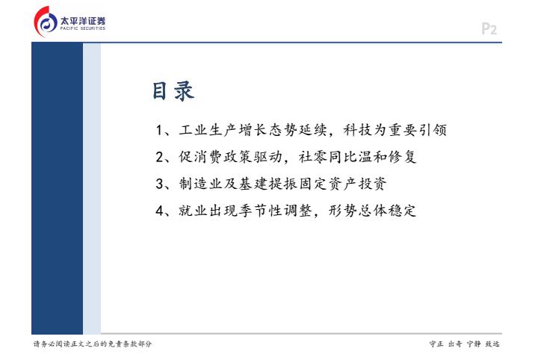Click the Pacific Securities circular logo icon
46,22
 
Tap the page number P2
489,29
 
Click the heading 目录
173,91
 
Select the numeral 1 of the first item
159,130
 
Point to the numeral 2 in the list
160,157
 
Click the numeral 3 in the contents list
160,184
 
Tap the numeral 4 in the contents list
160,211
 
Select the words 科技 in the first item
358,130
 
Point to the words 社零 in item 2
313,157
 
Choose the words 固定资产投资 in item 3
343,184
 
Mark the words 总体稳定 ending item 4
387,210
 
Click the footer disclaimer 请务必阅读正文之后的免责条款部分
93,344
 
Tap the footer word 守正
436,344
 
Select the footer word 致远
492,344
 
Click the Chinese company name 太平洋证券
83,21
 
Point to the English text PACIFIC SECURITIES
83,28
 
